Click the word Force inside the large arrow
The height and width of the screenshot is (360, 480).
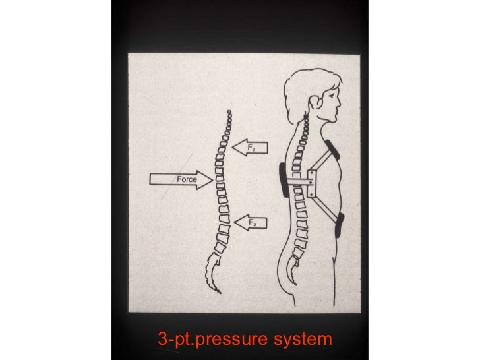(x=185, y=179)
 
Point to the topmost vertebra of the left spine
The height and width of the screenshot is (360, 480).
(x=228, y=113)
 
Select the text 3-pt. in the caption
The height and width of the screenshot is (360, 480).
(x=175, y=340)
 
